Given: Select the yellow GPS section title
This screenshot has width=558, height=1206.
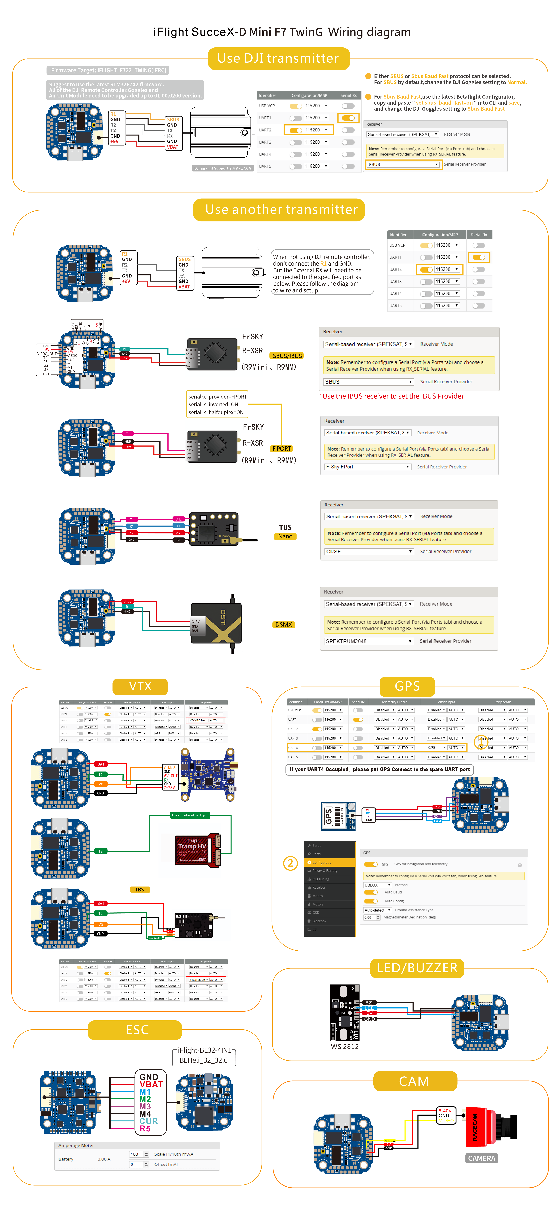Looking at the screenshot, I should pos(407,686).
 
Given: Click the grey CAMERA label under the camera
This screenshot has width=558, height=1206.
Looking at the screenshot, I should pos(481,1158).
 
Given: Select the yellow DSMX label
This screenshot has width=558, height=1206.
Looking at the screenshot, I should pos(284,625).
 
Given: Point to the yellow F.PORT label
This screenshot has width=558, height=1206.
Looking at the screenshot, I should pos(282,449).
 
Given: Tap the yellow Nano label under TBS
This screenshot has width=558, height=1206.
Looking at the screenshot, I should pos(285,537).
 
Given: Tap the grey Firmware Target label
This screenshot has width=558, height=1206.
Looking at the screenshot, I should pos(108,70).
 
